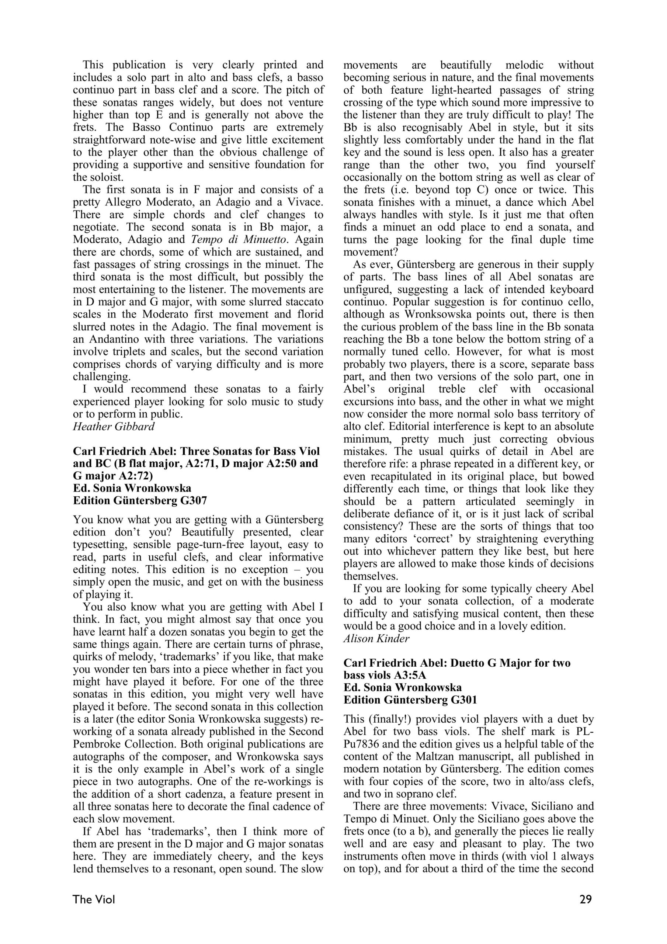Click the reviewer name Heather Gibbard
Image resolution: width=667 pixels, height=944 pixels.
(x=114, y=427)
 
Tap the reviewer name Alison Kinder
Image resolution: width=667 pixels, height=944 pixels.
(x=376, y=639)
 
